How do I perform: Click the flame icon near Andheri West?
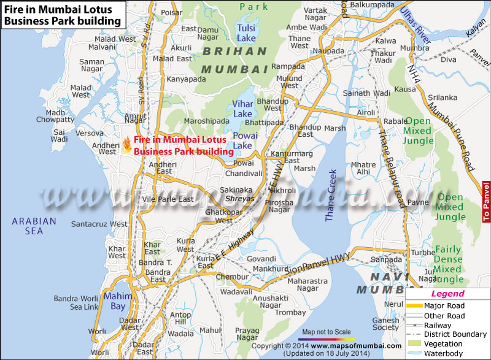126,145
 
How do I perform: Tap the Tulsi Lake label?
246,33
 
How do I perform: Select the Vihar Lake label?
242,109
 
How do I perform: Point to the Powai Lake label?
242,140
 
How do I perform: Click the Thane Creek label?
331,194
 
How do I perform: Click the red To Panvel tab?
486,202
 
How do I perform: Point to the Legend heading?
447,294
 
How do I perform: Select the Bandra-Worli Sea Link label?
75,302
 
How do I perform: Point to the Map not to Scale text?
327,331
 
